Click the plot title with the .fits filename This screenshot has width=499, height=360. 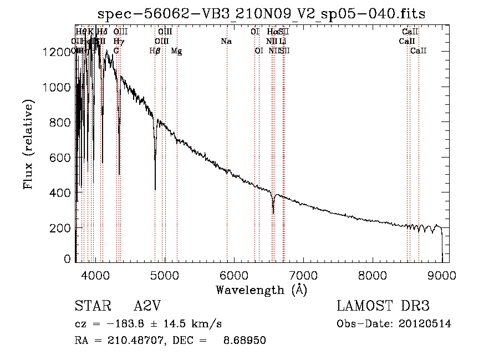click(x=261, y=13)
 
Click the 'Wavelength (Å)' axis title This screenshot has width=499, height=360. click(x=261, y=290)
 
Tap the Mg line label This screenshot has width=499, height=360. click(x=176, y=51)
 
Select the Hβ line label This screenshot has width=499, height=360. click(x=155, y=51)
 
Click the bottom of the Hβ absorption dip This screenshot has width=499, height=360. click(x=155, y=189)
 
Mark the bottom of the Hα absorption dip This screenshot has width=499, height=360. click(x=273, y=213)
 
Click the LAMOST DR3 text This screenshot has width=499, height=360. click(x=383, y=307)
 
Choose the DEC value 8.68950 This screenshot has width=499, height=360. click(x=246, y=341)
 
